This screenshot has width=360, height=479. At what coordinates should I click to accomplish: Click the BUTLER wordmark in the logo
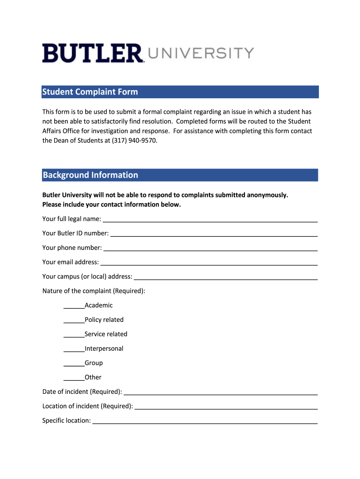[x=93, y=53]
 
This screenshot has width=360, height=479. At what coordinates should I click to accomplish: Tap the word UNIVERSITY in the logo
[x=201, y=53]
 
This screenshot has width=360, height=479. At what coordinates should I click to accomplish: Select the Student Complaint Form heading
[x=90, y=92]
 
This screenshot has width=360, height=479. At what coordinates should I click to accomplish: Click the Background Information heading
[x=90, y=175]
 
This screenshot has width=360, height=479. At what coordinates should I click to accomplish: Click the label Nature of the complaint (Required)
[x=94, y=291]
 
